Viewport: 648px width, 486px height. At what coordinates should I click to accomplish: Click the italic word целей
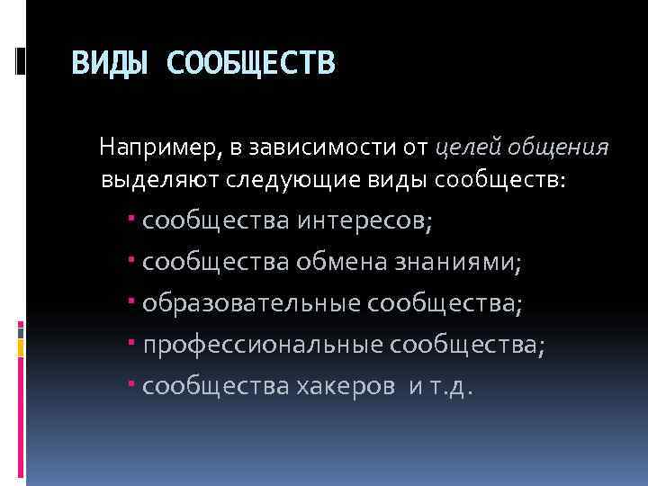(x=466, y=146)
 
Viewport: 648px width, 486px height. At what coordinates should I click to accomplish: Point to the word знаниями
(x=459, y=262)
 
